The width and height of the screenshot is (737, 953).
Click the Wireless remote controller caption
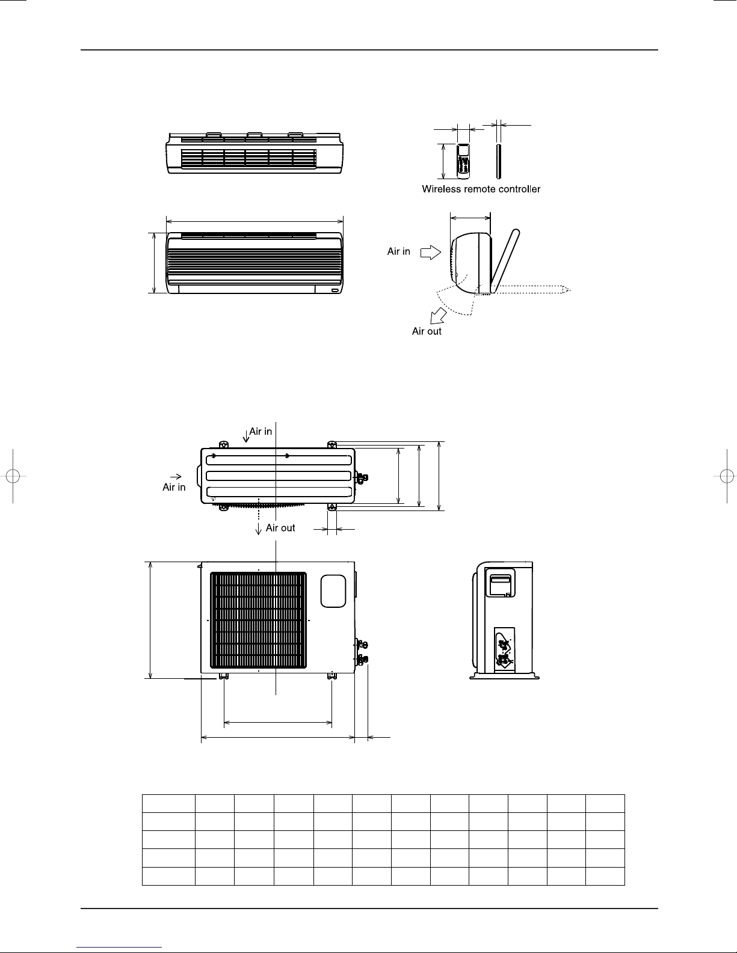[x=481, y=189]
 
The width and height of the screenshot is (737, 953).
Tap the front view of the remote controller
[x=463, y=161]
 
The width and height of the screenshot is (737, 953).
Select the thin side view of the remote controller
[x=498, y=161]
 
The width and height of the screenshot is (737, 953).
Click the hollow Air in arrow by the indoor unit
[x=430, y=252]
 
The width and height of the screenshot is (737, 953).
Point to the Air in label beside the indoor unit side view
[x=398, y=251]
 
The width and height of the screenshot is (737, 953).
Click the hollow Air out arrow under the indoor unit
[x=438, y=316]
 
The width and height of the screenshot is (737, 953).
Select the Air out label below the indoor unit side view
[x=427, y=331]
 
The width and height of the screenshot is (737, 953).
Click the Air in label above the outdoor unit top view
[x=261, y=431]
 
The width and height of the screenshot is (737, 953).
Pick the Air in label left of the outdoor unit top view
[x=174, y=487]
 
